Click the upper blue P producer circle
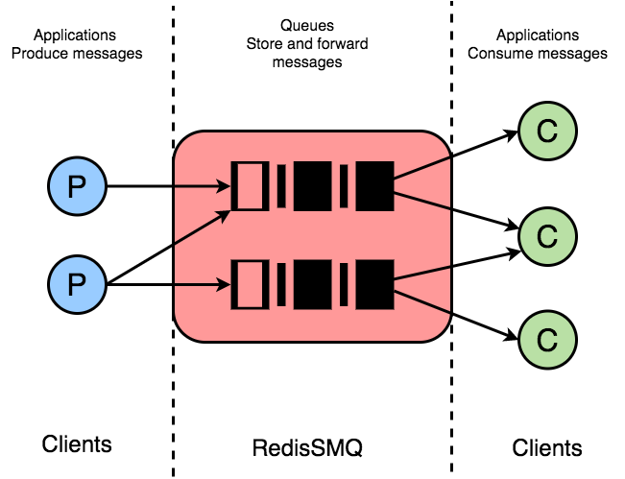coord(78,186)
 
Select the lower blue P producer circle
coord(78,284)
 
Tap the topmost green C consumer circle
coord(547,132)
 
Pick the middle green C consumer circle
coord(547,236)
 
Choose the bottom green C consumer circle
coord(547,340)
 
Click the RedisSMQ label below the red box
coord(307,447)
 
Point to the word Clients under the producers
coord(77,443)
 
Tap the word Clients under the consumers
coord(547,447)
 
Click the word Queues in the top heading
coord(307,26)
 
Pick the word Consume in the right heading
coord(499,54)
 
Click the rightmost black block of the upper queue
coord(374,186)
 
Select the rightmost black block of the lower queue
coord(374,284)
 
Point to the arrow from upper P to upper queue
coord(169,186)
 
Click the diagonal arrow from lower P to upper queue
coord(169,247)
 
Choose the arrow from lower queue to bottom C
coord(456,315)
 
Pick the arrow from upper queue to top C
coord(456,155)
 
